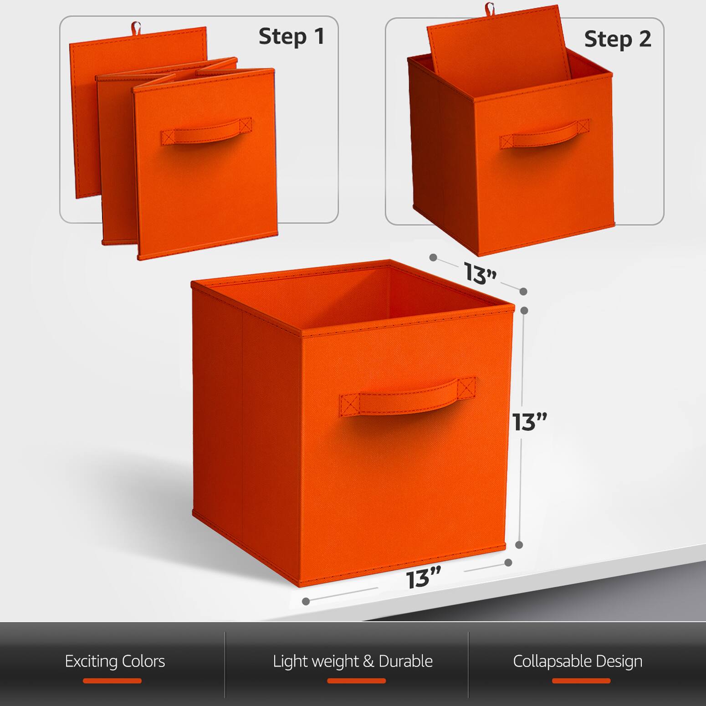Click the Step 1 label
(292, 36)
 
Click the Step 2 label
(617, 39)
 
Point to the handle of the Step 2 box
(544, 135)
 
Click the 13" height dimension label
(529, 422)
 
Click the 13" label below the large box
(424, 578)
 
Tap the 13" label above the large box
(480, 273)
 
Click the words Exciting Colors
(115, 661)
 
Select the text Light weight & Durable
(353, 661)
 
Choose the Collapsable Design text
(578, 661)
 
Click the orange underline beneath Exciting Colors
(112, 681)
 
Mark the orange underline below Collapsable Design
(581, 681)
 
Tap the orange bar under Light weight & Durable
(356, 681)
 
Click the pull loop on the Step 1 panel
(136, 27)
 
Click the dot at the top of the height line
(524, 310)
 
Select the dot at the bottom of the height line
(519, 545)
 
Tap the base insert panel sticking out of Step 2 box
(496, 43)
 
